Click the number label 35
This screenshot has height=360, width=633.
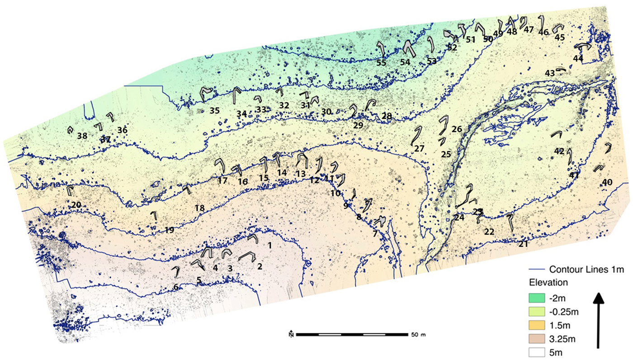[214, 110]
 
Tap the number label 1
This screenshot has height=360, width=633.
[269, 246]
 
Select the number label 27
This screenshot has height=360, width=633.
[419, 148]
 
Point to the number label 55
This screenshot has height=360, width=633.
[381, 63]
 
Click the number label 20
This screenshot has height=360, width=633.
[76, 205]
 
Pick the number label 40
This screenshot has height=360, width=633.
[607, 182]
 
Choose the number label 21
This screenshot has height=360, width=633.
[524, 244]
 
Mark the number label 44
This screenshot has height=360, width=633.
[578, 58]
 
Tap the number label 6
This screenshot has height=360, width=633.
[176, 287]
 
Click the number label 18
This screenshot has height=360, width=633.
[199, 208]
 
